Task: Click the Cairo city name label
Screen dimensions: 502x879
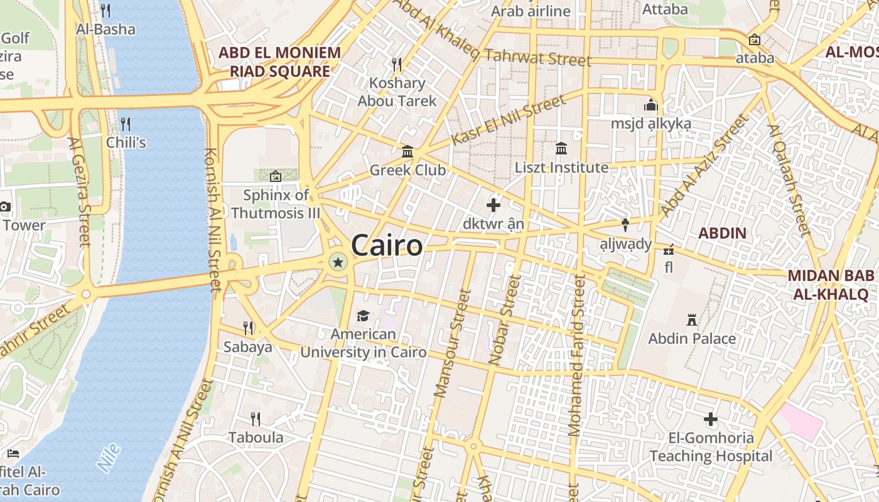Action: [387, 245]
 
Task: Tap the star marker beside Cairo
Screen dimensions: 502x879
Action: [338, 262]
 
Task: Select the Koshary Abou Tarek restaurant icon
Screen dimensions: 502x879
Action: [396, 64]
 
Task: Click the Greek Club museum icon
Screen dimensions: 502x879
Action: [407, 151]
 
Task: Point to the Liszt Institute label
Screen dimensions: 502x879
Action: [561, 168]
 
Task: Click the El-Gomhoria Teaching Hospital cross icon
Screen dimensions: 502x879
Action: [711, 419]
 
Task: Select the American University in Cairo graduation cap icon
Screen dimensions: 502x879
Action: [363, 315]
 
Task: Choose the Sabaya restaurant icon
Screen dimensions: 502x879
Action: [249, 328]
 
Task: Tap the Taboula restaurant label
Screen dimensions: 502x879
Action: [256, 437]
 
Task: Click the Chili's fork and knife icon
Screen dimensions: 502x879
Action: [126, 123]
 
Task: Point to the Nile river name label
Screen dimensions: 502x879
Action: [109, 457]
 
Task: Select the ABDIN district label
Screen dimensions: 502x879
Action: [722, 233]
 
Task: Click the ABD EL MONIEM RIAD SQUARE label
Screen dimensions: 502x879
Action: [279, 61]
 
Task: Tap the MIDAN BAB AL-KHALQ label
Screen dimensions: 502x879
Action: [831, 285]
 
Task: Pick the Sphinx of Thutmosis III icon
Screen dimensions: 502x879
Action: [275, 176]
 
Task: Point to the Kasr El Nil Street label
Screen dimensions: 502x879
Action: [509, 120]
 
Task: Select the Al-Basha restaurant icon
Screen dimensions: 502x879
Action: [105, 10]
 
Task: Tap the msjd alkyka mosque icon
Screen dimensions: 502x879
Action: [650, 105]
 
